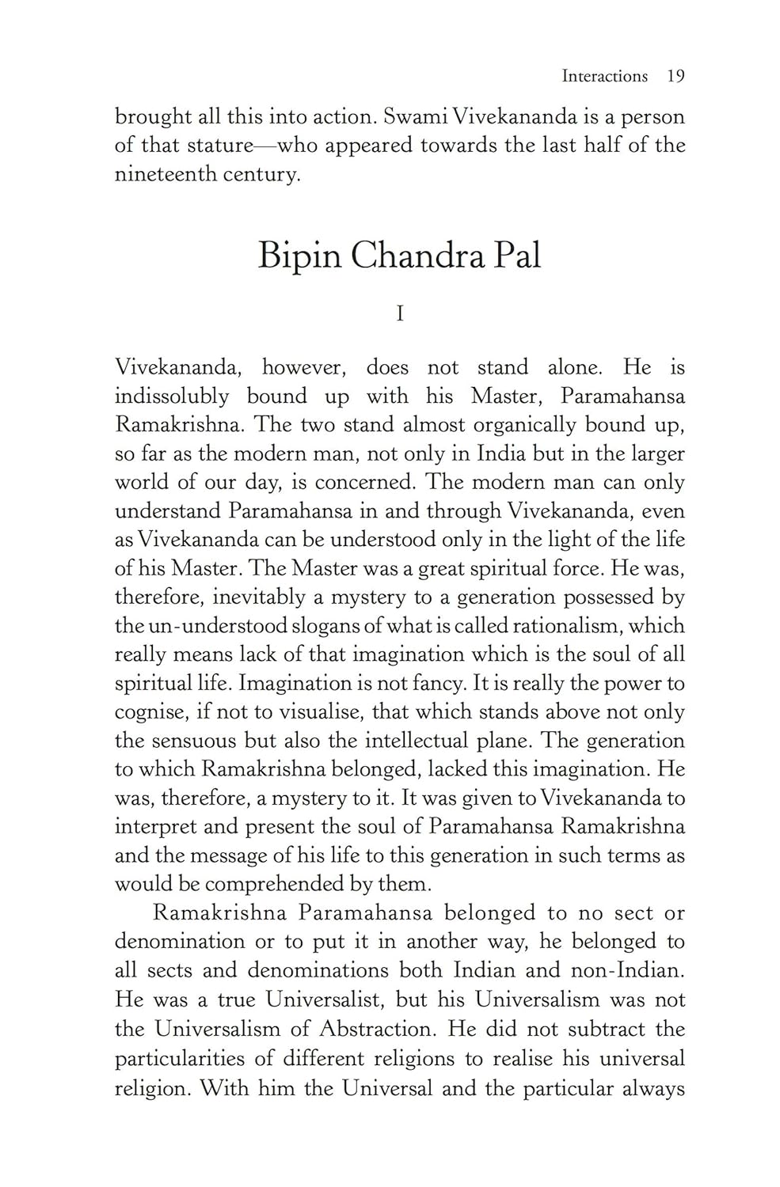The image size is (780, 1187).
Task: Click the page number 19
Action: [675, 76]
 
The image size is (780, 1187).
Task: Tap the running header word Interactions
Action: [605, 76]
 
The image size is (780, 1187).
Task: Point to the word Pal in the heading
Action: [517, 255]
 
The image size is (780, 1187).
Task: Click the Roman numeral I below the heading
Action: [400, 314]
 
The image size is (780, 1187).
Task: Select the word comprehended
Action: [277, 884]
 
